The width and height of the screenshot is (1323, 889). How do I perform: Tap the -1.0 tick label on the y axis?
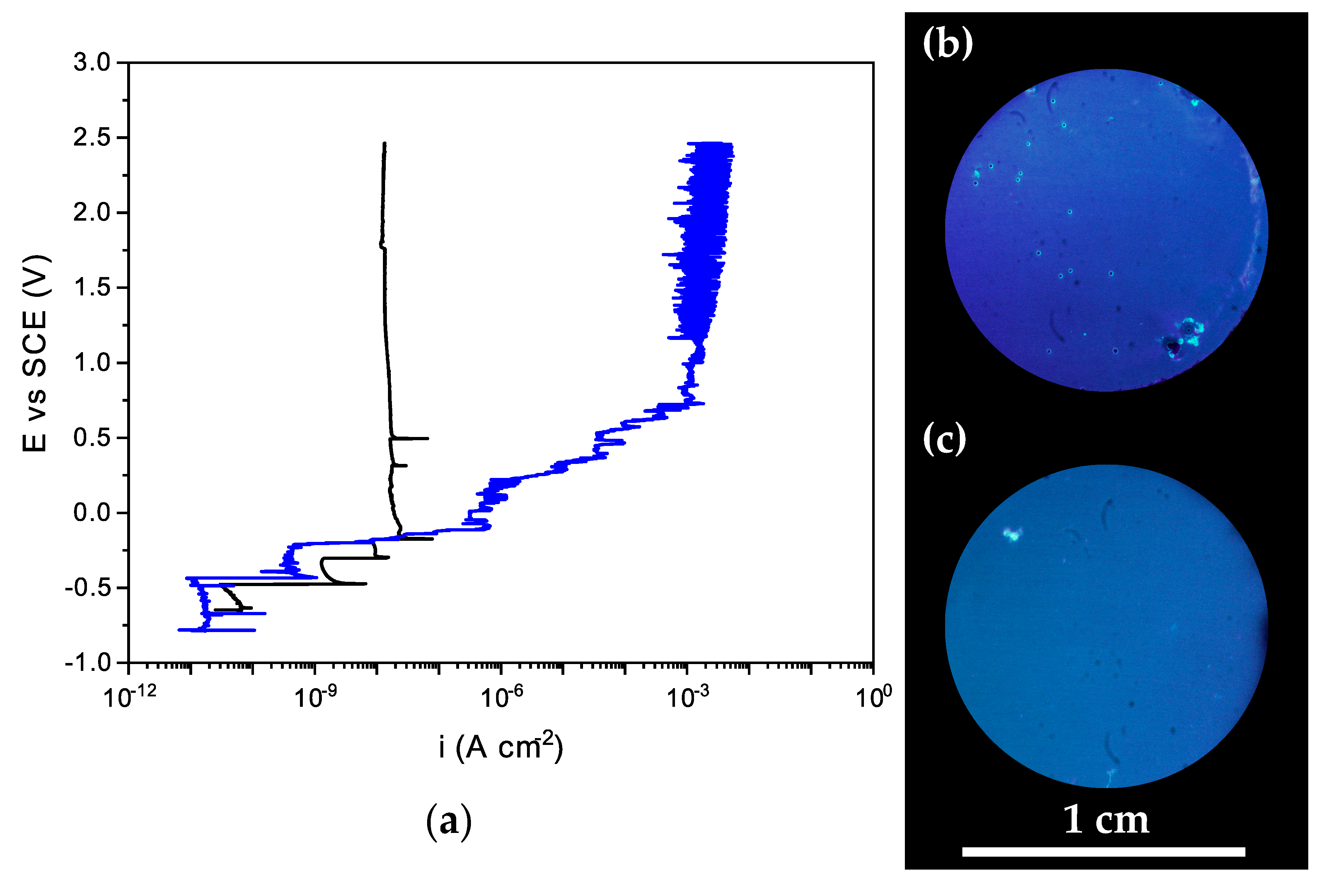pyautogui.click(x=88, y=662)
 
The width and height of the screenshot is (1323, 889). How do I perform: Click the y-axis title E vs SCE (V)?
pyautogui.click(x=35, y=354)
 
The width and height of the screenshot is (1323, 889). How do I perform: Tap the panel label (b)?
pyautogui.click(x=947, y=43)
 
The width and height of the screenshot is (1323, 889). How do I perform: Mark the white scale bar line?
pyautogui.click(x=1104, y=852)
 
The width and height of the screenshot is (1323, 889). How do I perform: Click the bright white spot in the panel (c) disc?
pyautogui.click(x=1012, y=534)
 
